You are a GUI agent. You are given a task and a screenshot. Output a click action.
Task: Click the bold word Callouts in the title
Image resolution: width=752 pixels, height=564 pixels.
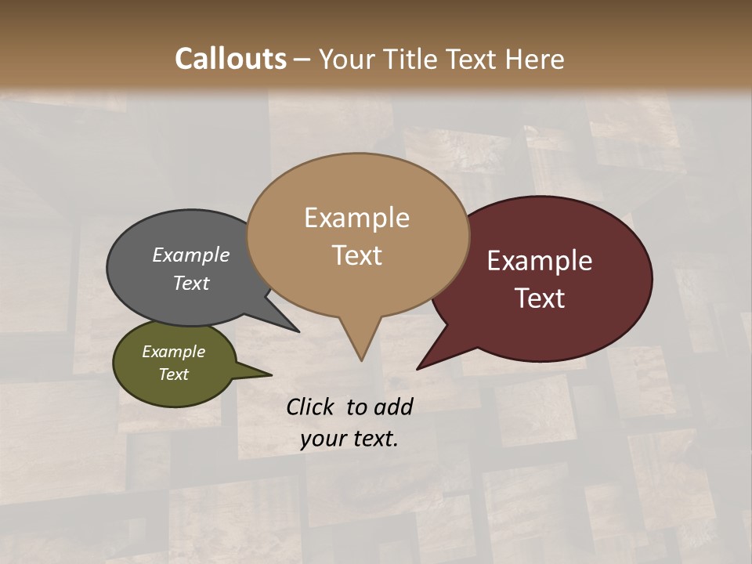click(x=230, y=59)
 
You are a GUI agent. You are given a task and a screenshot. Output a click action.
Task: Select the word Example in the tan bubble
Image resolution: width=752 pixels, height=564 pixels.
click(x=356, y=218)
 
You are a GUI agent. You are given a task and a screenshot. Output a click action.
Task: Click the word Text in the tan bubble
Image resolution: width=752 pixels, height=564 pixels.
click(x=356, y=255)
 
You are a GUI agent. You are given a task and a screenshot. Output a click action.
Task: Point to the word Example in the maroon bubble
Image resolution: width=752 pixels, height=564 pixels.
click(x=540, y=261)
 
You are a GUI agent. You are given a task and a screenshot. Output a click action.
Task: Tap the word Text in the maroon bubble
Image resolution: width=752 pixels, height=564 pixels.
click(x=540, y=298)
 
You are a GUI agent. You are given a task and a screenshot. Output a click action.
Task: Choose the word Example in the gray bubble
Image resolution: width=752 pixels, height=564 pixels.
click(x=191, y=255)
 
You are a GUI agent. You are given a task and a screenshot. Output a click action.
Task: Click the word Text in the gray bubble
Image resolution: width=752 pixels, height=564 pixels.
click(x=191, y=283)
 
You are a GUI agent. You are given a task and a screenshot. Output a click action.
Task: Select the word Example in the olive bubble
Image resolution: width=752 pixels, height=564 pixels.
click(x=173, y=352)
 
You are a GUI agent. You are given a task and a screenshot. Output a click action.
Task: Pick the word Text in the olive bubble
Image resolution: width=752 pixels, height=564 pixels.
click(x=173, y=374)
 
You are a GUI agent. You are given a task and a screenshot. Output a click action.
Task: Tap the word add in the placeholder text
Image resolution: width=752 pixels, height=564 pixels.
click(x=394, y=407)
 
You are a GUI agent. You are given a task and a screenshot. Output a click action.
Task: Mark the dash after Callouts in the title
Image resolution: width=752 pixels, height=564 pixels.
click(x=303, y=59)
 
